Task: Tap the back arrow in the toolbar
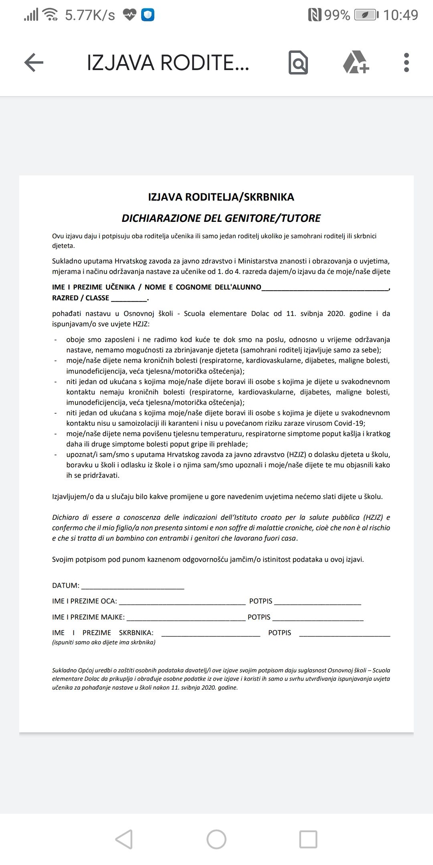coord(34,62)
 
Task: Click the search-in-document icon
coord(298,62)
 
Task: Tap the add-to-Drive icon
coord(356,62)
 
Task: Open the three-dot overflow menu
coord(407,62)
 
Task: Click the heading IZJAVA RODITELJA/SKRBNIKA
coord(221,197)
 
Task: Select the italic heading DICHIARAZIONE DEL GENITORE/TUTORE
coord(221,218)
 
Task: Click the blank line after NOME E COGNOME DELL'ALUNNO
coord(325,288)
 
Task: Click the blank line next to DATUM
coord(132,586)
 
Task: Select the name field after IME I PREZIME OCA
coord(182,601)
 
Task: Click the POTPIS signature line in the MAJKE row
coord(318,618)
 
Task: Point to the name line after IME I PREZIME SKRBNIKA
coord(210,633)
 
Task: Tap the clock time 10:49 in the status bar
coord(401,15)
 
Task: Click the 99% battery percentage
coord(337,15)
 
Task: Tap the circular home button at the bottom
coord(216,839)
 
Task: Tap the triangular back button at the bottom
coord(124,839)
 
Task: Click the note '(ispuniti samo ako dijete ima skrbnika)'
coord(104,642)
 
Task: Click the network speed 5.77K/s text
coord(90,15)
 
